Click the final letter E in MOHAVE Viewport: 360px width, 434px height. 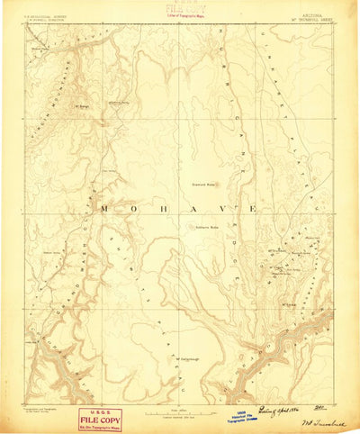254,208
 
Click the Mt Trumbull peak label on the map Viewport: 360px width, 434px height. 278,250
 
